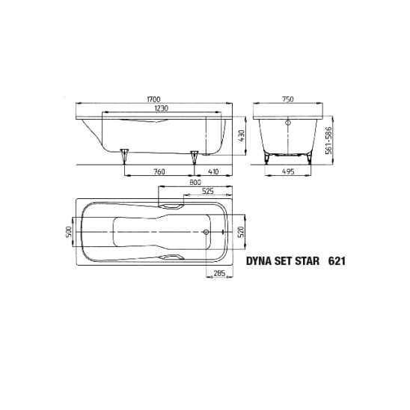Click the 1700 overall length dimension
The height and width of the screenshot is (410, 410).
pos(153,100)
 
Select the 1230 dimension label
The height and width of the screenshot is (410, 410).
pos(162,108)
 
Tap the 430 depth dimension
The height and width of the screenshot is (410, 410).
pos(242,136)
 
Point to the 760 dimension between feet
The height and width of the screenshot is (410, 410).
pos(159,171)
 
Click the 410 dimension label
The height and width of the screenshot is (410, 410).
pos(213,171)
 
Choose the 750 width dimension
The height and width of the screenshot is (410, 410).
pos(287,100)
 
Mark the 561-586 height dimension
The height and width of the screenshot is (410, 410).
pos(328,141)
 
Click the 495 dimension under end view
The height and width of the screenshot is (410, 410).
pos(288,171)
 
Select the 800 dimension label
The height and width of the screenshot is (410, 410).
pos(195,183)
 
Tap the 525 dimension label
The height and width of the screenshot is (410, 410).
pos(208,191)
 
